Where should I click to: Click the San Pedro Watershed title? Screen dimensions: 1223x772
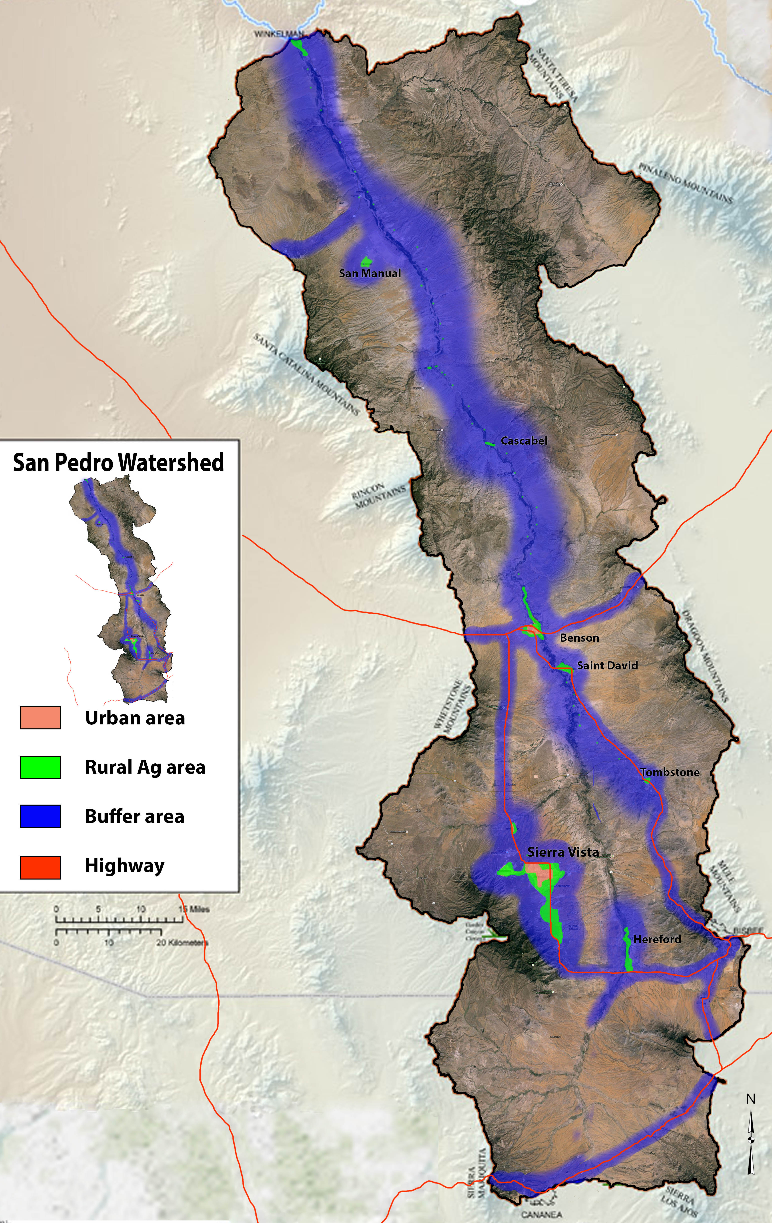pyautogui.click(x=118, y=463)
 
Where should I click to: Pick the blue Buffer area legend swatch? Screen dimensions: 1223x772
pyautogui.click(x=40, y=816)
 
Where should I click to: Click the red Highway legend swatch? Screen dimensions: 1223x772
pyautogui.click(x=40, y=867)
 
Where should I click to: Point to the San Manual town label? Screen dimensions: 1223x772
pyautogui.click(x=370, y=273)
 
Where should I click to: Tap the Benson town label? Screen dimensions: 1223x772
pyautogui.click(x=579, y=638)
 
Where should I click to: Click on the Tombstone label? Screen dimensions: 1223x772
pyautogui.click(x=670, y=772)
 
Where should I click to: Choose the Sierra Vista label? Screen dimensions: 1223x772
pyautogui.click(x=563, y=852)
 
